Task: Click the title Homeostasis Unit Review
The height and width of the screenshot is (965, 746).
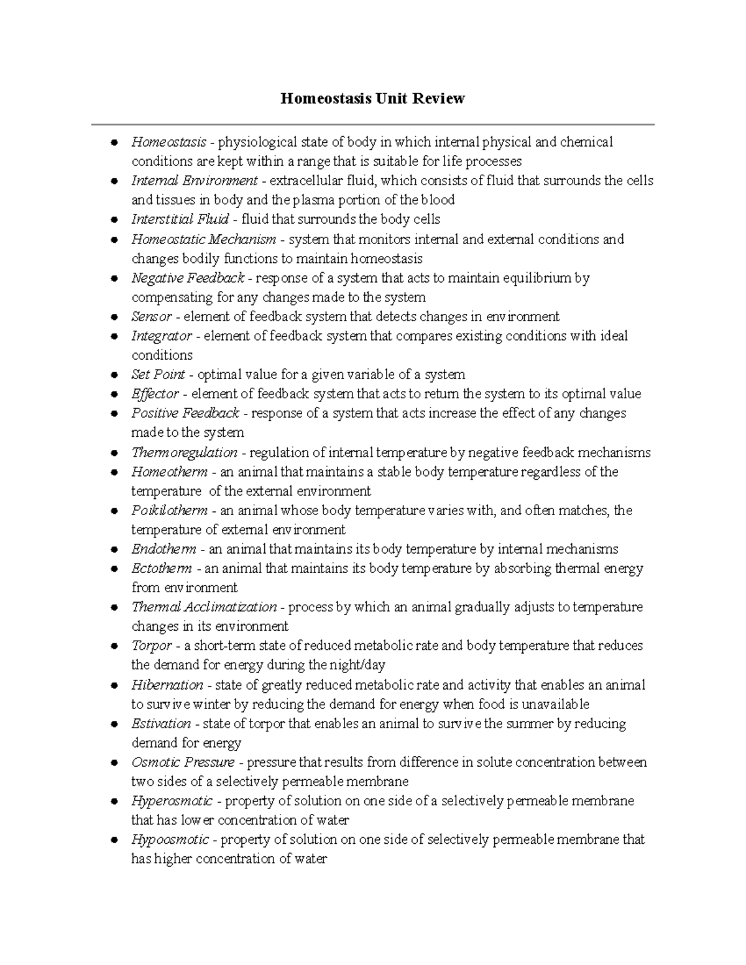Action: [x=372, y=98]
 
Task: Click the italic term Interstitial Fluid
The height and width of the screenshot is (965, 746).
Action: [x=180, y=219]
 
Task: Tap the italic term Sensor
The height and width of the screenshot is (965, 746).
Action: [x=151, y=317]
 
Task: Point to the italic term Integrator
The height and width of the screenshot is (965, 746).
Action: [x=162, y=336]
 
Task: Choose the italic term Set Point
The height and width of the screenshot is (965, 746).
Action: [x=158, y=375]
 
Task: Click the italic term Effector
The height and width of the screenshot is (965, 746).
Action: [x=155, y=394]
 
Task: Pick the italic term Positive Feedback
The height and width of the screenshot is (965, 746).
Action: [x=185, y=413]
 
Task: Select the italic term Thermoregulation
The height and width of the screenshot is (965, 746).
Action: [x=184, y=452]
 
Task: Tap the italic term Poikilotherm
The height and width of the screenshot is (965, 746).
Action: [x=169, y=511]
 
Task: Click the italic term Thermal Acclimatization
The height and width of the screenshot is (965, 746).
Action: [x=204, y=607]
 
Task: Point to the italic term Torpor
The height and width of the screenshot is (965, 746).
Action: [x=151, y=646]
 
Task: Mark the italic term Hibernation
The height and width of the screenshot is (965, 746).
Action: [x=167, y=685]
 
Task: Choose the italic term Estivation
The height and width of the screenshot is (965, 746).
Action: [x=161, y=724]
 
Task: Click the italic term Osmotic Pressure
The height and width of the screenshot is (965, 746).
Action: [x=183, y=762]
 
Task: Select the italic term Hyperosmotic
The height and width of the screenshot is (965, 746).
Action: [x=172, y=801]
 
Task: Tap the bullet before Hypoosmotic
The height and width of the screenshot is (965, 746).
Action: [x=114, y=840]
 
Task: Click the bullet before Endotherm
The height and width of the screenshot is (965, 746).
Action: [x=114, y=550]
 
